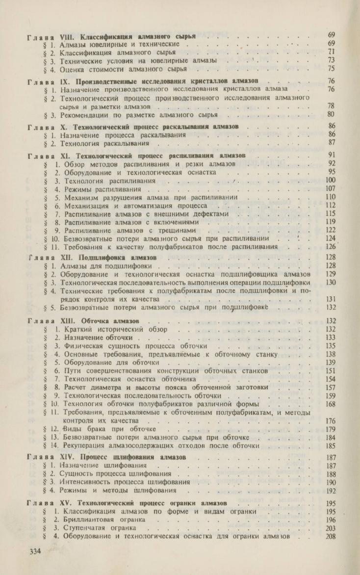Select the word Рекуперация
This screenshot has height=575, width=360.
point(87,446)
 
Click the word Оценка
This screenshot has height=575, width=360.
point(72,69)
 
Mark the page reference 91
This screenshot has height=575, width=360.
point(332,155)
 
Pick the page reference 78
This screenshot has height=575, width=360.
point(332,105)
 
